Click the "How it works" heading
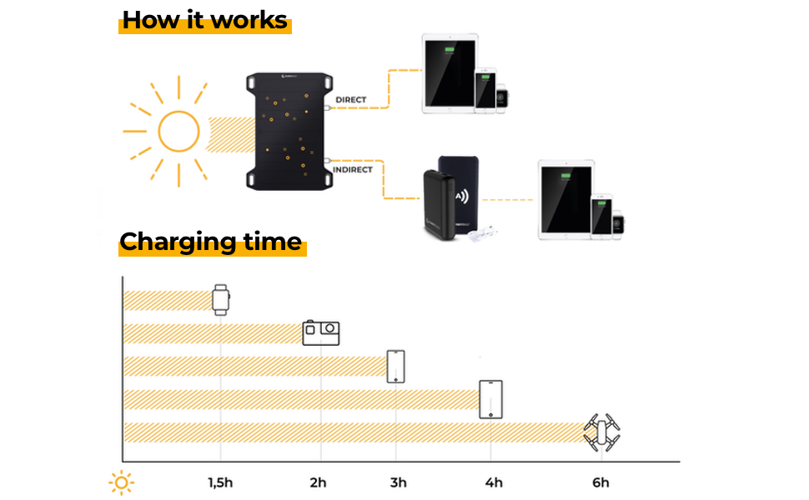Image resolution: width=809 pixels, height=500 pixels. tap(205, 20)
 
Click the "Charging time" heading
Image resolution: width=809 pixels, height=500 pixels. tap(211, 242)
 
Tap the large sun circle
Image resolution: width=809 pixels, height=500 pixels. tap(178, 132)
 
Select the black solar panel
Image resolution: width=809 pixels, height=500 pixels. tap(284, 132)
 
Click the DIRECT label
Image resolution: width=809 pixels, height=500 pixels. tap(350, 100)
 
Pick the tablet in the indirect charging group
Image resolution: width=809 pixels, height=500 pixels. tap(565, 201)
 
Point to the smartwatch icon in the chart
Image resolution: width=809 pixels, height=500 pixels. tap(220, 299)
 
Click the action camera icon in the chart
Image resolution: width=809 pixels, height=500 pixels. tap(321, 332)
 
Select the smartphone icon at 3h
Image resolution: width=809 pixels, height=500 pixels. tap(396, 366)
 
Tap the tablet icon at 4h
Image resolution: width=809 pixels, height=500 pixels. tap(490, 399)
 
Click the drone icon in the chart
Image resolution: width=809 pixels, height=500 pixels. tap(601, 432)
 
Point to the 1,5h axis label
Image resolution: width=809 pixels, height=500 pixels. tap(220, 482)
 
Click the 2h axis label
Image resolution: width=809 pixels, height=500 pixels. tap(318, 482)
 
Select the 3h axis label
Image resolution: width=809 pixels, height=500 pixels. tap(398, 482)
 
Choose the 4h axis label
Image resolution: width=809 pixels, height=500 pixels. tap(494, 482)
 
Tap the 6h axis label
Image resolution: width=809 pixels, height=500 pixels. tap(600, 482)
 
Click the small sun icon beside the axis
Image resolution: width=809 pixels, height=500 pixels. tap(122, 482)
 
